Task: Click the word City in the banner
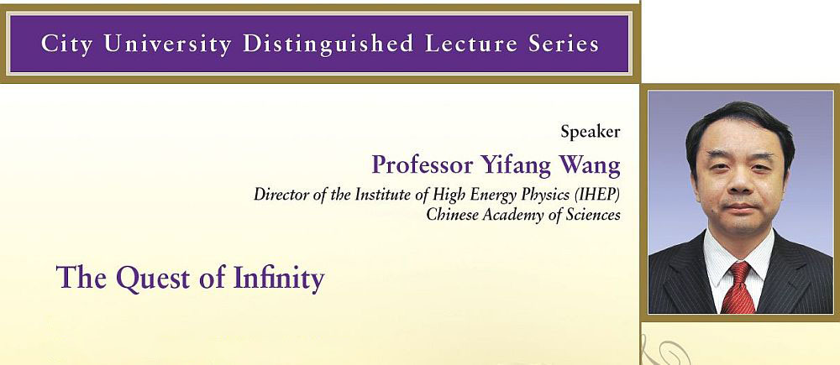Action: tap(66, 44)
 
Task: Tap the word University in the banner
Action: tap(168, 44)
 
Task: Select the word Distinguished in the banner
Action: tap(328, 44)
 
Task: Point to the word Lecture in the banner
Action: tap(471, 44)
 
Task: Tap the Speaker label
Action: tap(591, 132)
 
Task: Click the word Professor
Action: tap(423, 164)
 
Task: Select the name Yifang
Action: tap(516, 166)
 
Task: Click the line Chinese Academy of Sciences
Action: tap(523, 215)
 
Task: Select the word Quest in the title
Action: tap(153, 279)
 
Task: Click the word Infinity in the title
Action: tap(279, 279)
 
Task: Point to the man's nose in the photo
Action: tap(740, 181)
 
